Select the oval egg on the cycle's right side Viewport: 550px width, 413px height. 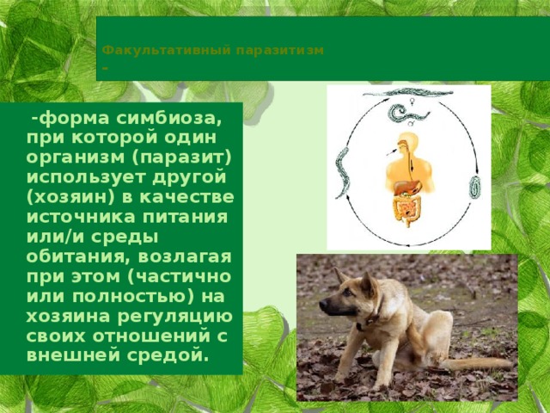point(474,186)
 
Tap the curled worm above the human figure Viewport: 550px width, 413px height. point(400,113)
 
